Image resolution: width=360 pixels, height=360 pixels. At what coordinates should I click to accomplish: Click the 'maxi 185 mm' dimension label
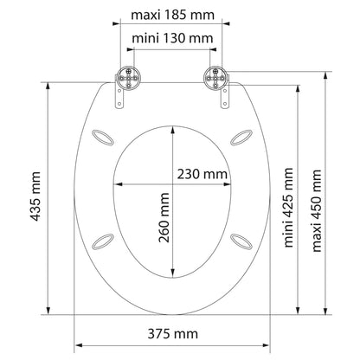(x=179, y=14)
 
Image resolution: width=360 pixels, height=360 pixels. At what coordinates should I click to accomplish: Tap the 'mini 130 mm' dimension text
(x=179, y=40)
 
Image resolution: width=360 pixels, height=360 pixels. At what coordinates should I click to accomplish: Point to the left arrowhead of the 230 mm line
(x=119, y=185)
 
